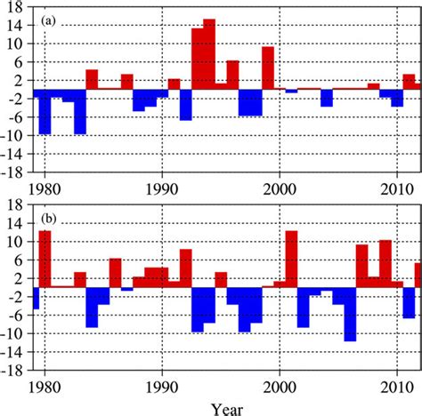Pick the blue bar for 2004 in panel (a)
pos(327,97)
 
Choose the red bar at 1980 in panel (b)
pos(45,258)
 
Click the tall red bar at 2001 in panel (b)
pos(291,258)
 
